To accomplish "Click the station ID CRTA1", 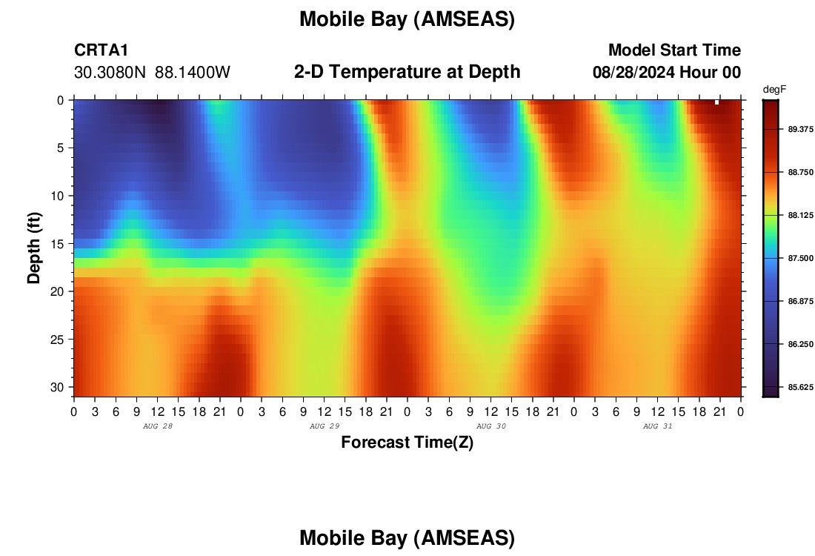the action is [x=101, y=50].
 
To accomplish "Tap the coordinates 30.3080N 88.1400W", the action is [x=152, y=73].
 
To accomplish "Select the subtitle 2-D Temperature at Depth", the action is [x=407, y=72].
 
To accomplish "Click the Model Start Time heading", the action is [x=674, y=50].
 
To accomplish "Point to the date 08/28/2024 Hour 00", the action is [x=667, y=73].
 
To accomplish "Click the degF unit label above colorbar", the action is [x=774, y=90].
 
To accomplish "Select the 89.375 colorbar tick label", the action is [x=800, y=129].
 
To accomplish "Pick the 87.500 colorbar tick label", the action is [x=800, y=258].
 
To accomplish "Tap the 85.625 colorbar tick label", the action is [x=800, y=387].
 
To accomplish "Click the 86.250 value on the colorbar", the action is [x=800, y=344].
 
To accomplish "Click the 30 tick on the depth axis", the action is [x=57, y=388].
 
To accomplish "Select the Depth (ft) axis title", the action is [x=34, y=248].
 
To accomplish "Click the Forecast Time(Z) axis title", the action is [x=407, y=442].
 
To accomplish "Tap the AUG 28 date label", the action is [x=158, y=426].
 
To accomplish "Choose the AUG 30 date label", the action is [x=491, y=426].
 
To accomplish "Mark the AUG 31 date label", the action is [x=657, y=426].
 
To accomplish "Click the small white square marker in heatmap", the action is [x=716, y=102].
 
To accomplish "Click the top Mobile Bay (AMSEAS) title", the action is [x=407, y=20].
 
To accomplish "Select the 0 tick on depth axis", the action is [x=61, y=100].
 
